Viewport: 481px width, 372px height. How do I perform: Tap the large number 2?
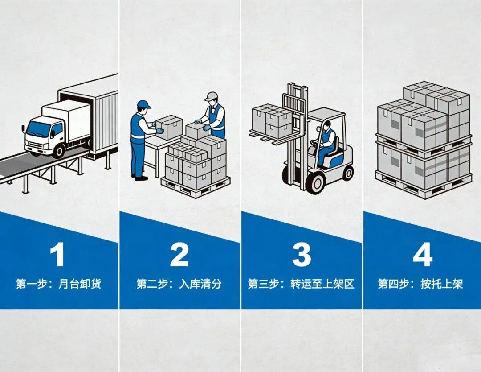click(179, 255)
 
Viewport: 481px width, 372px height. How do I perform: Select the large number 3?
click(302, 255)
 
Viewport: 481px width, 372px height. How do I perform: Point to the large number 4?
click(422, 255)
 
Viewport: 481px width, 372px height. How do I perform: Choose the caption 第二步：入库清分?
click(179, 284)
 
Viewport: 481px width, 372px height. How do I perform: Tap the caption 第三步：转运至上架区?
click(301, 284)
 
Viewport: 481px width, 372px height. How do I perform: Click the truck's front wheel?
click(59, 150)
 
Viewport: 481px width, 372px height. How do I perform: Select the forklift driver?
click(326, 141)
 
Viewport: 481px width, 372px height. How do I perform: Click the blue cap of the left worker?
click(143, 104)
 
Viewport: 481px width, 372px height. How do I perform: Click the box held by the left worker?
click(170, 127)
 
